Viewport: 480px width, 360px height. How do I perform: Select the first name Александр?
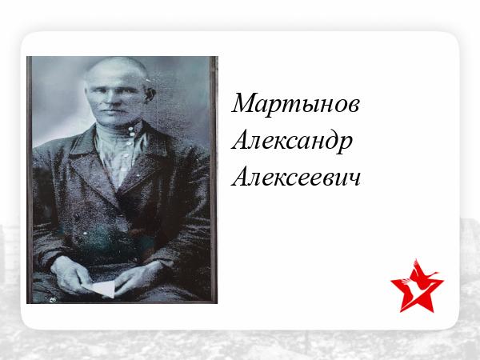292,142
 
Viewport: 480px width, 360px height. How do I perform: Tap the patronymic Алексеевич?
296,178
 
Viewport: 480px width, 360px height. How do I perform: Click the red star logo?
417,287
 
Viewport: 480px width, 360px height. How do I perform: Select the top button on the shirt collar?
132,129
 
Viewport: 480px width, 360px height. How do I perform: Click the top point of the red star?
416,259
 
